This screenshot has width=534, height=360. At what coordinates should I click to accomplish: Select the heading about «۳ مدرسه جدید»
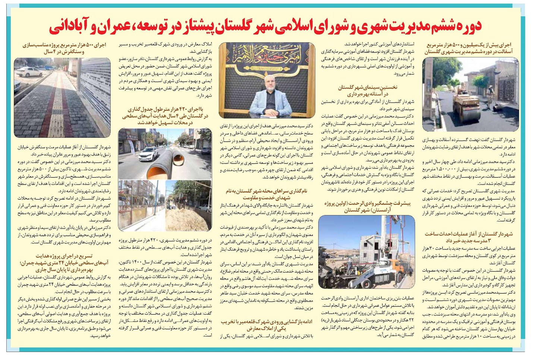[x=469, y=237]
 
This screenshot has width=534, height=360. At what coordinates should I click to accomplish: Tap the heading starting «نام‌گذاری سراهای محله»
[x=266, y=194]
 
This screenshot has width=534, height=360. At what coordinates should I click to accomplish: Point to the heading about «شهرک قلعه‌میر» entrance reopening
[x=266, y=325]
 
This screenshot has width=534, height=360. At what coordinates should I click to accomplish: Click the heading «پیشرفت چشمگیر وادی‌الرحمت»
[x=367, y=207]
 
